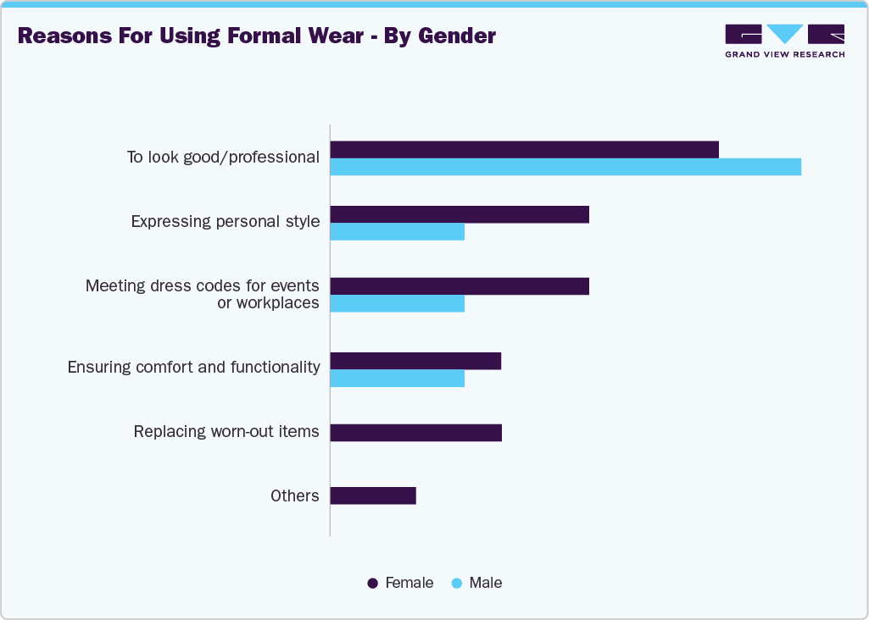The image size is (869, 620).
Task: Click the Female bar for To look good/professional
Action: click(x=524, y=150)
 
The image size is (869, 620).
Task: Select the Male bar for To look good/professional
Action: click(x=565, y=167)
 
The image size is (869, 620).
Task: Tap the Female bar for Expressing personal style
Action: click(x=459, y=214)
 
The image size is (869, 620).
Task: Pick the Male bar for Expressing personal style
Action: click(x=397, y=231)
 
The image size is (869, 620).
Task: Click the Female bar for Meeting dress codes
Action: click(x=459, y=286)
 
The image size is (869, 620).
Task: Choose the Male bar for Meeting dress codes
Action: click(x=397, y=303)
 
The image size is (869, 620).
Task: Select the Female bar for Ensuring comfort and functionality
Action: click(x=415, y=361)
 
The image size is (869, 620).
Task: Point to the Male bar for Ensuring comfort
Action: click(x=397, y=378)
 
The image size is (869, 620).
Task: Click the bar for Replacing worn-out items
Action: click(x=415, y=433)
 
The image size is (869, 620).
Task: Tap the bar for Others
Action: click(x=373, y=495)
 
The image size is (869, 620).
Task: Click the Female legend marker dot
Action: click(x=372, y=584)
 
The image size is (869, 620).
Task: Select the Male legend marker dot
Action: click(x=456, y=584)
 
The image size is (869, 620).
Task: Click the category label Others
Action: click(x=295, y=495)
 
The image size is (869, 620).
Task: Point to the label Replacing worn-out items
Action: click(x=226, y=432)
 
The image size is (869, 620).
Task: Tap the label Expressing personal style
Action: click(x=226, y=222)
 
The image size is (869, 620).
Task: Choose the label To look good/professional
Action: click(x=223, y=158)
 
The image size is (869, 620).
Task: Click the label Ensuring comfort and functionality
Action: click(x=193, y=368)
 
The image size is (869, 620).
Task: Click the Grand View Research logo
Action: click(x=784, y=40)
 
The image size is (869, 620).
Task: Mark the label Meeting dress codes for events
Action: click(x=202, y=286)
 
